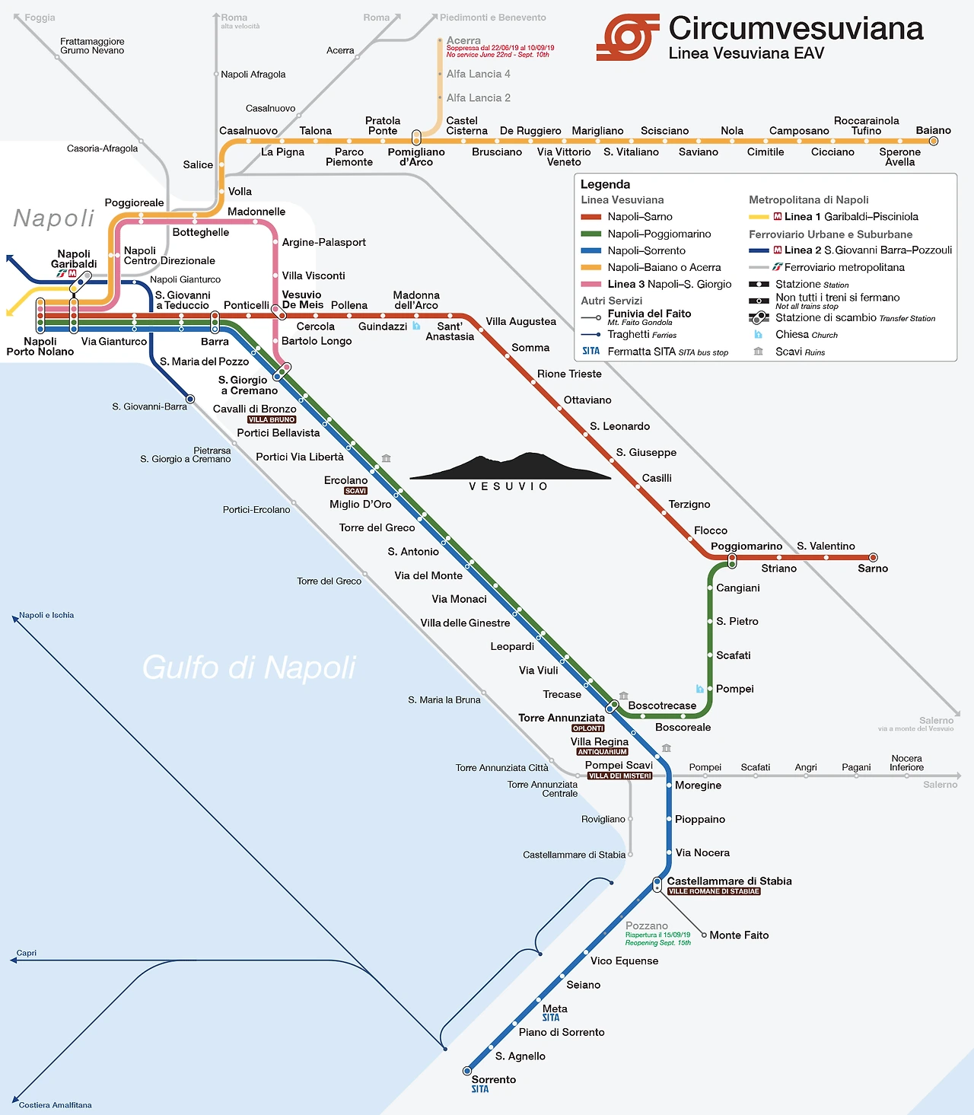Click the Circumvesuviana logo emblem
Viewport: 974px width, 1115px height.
[x=628, y=37]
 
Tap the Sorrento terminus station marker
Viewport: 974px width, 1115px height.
[x=467, y=1071]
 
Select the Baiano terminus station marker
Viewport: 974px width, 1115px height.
[x=934, y=141]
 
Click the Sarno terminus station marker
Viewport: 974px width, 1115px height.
[x=874, y=557]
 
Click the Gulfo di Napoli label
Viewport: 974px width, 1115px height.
[x=249, y=667]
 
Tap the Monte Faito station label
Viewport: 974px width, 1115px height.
[x=739, y=935]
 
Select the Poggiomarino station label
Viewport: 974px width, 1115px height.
[x=746, y=546]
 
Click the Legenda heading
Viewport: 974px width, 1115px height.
[x=605, y=184]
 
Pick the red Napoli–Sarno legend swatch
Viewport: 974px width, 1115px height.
[x=591, y=217]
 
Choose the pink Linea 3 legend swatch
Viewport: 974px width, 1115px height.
[x=591, y=284]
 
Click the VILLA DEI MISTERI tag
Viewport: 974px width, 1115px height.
[x=620, y=776]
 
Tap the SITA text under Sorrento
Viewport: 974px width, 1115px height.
[x=480, y=1089]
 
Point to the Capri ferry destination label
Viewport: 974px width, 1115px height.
[x=26, y=953]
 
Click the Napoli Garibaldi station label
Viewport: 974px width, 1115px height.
[x=74, y=259]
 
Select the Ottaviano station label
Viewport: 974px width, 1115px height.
[x=587, y=400]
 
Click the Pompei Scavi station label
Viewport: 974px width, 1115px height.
[x=619, y=765]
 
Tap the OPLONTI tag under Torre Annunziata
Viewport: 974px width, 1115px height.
[x=587, y=728]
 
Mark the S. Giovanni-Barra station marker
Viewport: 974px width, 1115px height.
[x=190, y=399]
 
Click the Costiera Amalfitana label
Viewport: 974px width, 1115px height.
[x=55, y=1104]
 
